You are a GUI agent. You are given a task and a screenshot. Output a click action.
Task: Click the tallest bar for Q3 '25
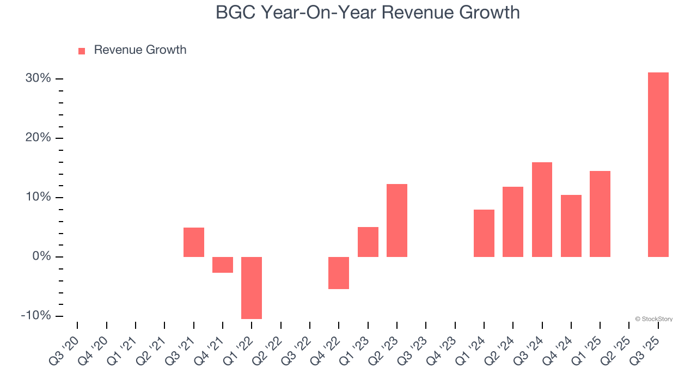click(x=658, y=164)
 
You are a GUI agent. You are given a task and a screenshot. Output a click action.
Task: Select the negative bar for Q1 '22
click(x=252, y=287)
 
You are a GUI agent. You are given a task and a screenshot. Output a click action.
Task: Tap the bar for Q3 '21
click(x=194, y=242)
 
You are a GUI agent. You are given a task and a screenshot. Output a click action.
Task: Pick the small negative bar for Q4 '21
click(x=223, y=265)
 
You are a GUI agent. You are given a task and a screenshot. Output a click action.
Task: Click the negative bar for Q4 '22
click(x=339, y=273)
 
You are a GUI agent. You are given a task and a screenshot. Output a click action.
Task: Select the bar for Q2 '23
click(x=397, y=220)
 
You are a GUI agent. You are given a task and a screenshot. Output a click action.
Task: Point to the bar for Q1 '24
click(x=484, y=233)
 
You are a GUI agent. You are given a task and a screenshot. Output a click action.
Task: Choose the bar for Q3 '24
click(x=542, y=210)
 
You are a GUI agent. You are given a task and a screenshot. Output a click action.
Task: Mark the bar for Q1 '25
click(x=600, y=214)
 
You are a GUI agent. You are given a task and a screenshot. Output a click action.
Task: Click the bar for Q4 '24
click(x=571, y=226)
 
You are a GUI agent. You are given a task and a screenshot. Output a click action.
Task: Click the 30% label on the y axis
click(x=38, y=78)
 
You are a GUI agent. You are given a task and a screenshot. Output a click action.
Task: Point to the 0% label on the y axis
click(x=41, y=256)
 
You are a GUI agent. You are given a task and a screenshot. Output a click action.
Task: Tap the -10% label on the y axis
click(x=36, y=316)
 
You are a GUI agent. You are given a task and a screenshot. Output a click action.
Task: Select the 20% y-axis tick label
click(x=38, y=138)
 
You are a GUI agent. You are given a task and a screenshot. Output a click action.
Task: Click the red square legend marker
click(x=82, y=51)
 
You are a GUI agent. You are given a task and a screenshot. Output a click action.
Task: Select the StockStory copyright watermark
click(x=653, y=319)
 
